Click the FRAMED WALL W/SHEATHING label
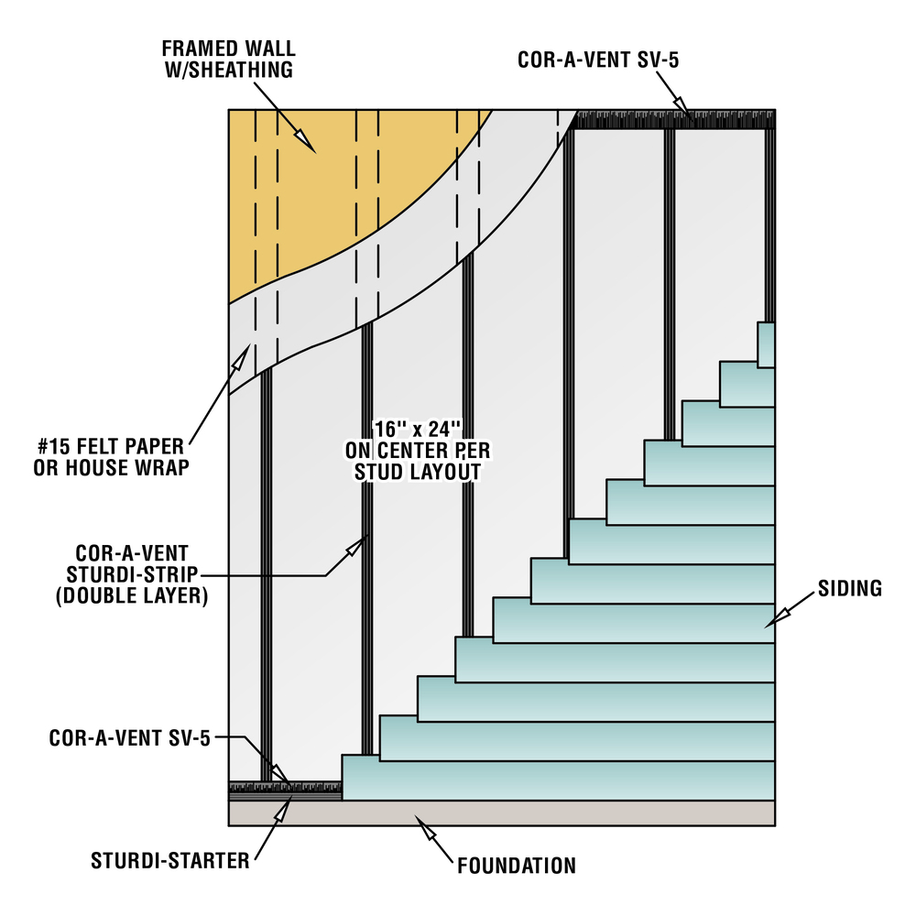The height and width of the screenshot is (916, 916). click(x=228, y=59)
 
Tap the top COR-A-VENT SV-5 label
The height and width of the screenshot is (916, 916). click(x=598, y=60)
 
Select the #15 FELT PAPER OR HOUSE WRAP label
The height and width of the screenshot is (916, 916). click(x=111, y=457)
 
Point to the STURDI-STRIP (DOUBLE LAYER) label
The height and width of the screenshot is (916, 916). click(x=132, y=574)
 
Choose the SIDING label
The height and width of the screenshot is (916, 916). click(x=850, y=588)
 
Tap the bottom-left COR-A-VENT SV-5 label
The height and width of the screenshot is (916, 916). click(x=130, y=738)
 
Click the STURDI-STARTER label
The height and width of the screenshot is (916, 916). click(x=170, y=861)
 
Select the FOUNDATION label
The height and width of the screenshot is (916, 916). click(x=517, y=866)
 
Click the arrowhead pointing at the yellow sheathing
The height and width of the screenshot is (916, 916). click(x=303, y=139)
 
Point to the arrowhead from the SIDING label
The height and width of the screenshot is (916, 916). click(x=777, y=619)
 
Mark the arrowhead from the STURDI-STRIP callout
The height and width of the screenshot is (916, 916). click(x=356, y=546)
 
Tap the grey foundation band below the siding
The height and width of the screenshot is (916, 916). click(x=502, y=812)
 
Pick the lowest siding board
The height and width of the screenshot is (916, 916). click(x=559, y=778)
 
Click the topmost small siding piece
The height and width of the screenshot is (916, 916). click(x=767, y=344)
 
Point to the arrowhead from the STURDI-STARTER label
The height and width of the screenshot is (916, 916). click(x=283, y=810)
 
